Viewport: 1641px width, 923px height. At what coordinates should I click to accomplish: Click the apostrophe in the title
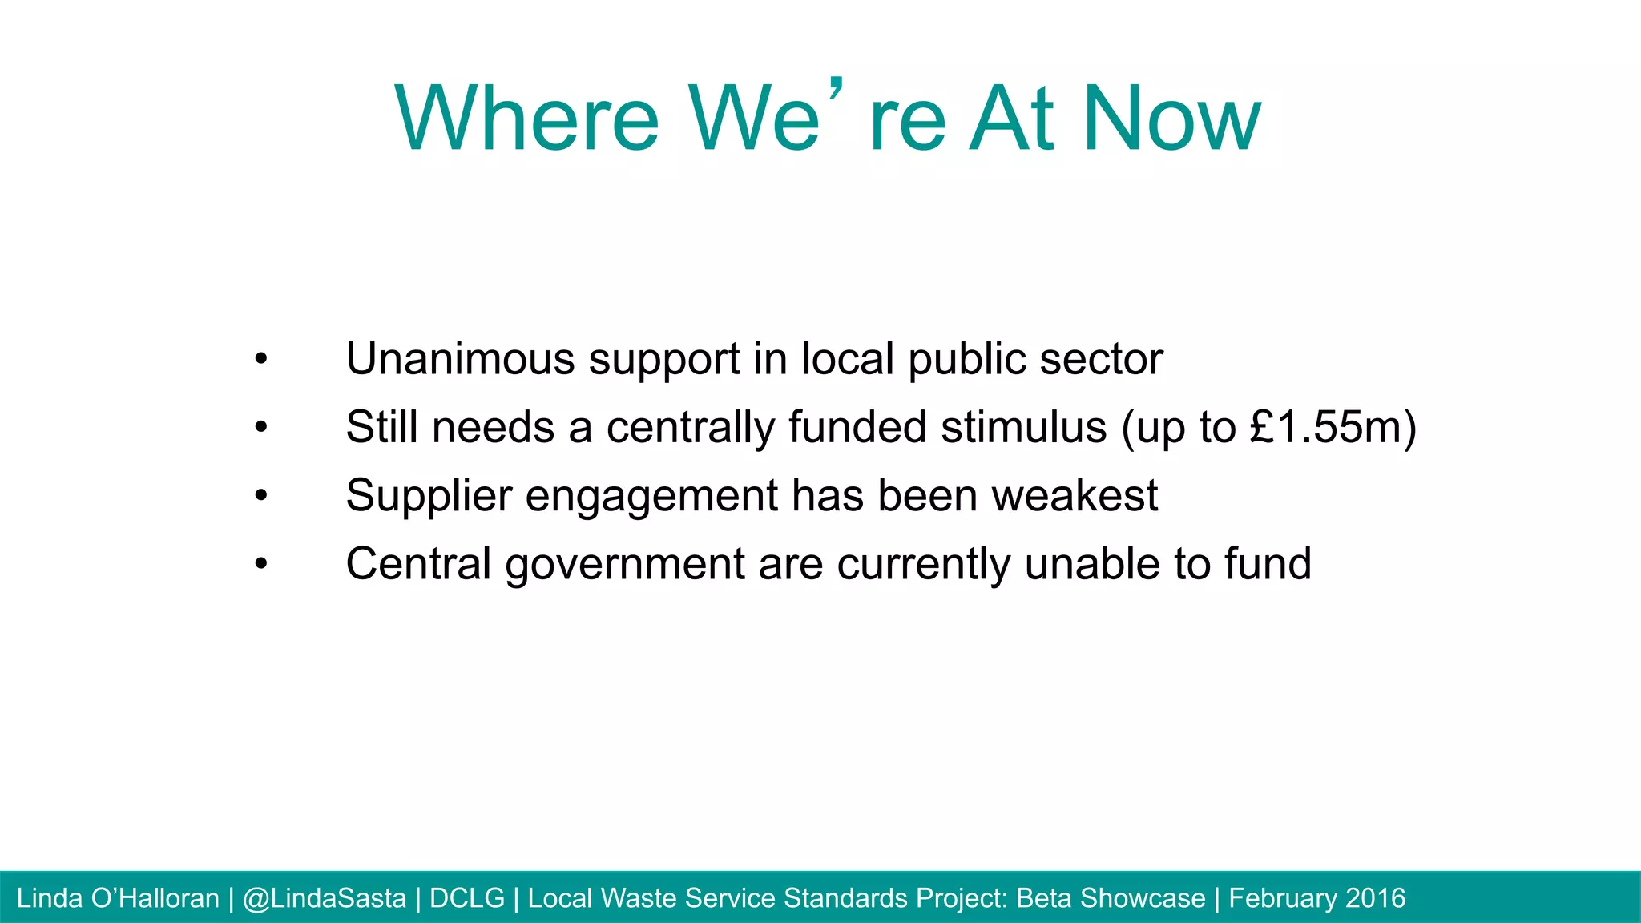coord(836,90)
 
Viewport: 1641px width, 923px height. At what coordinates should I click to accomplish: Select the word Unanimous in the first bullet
coord(460,358)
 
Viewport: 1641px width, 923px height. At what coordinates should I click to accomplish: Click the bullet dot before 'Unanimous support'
coord(260,360)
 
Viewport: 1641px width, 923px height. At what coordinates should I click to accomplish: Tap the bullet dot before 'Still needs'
coord(260,429)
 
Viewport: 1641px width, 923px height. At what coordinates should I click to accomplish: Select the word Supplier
coord(429,495)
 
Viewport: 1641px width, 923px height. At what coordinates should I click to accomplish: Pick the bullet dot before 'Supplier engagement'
coord(260,497)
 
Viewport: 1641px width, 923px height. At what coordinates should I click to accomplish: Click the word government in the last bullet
coord(625,564)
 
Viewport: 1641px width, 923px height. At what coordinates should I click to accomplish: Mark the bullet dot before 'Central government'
coord(260,566)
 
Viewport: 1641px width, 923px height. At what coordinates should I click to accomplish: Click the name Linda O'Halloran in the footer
coord(118,898)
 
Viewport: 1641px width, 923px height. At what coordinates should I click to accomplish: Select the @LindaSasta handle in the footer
coord(325,898)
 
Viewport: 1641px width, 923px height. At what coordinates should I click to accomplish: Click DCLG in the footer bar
coord(467,898)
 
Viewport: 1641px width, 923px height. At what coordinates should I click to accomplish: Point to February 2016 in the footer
coord(1316,898)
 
